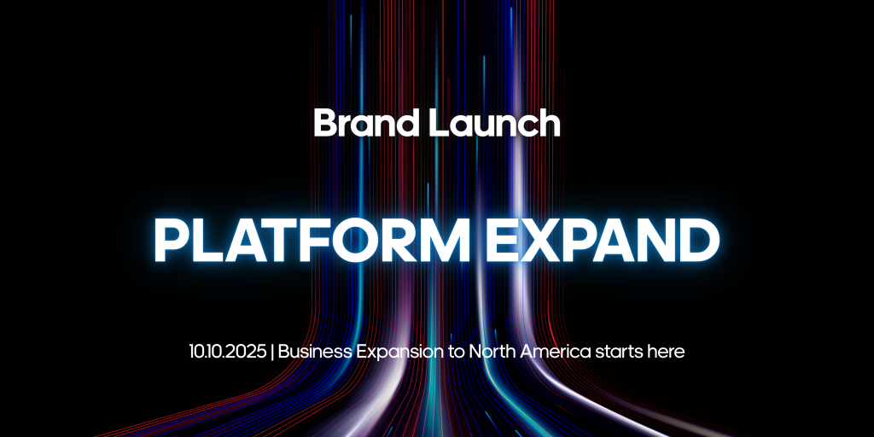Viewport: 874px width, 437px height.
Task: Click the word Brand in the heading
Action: click(365, 123)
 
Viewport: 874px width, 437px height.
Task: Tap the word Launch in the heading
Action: click(494, 123)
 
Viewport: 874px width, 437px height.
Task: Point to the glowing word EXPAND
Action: click(603, 240)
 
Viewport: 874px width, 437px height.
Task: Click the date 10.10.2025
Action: click(227, 352)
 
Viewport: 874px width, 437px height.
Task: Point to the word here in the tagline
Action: click(666, 352)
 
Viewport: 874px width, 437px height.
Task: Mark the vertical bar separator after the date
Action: click(272, 353)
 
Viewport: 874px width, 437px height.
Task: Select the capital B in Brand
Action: click(326, 123)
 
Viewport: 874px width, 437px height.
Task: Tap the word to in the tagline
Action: click(457, 353)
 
